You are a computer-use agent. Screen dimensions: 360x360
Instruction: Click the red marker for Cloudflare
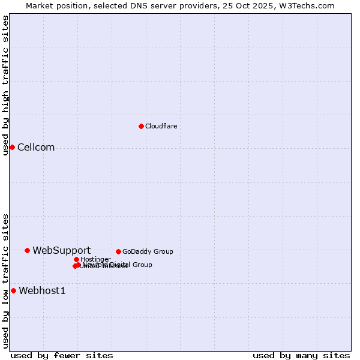click(141, 126)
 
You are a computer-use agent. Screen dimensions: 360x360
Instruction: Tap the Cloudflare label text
click(161, 126)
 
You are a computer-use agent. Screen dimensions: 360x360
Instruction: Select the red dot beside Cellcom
click(12, 148)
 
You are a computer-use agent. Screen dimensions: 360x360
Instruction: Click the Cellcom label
click(36, 148)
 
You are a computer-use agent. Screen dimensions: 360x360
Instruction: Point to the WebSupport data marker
click(27, 250)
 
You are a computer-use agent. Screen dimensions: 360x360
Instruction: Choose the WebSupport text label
click(61, 250)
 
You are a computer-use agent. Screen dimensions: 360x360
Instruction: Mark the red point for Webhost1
click(13, 291)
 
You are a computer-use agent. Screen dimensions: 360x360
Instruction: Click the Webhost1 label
click(42, 291)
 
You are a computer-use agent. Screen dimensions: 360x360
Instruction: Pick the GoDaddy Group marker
click(118, 251)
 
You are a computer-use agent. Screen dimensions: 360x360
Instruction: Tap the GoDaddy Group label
click(148, 251)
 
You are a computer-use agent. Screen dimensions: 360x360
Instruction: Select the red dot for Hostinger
click(76, 259)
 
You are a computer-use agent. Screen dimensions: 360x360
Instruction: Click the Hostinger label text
click(95, 259)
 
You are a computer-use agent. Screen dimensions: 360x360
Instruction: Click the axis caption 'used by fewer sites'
click(62, 355)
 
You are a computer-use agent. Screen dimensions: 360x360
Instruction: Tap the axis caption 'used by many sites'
click(301, 355)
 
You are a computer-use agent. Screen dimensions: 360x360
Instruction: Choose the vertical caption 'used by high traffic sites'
click(5, 85)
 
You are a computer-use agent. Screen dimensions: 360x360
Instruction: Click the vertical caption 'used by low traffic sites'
click(5, 280)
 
